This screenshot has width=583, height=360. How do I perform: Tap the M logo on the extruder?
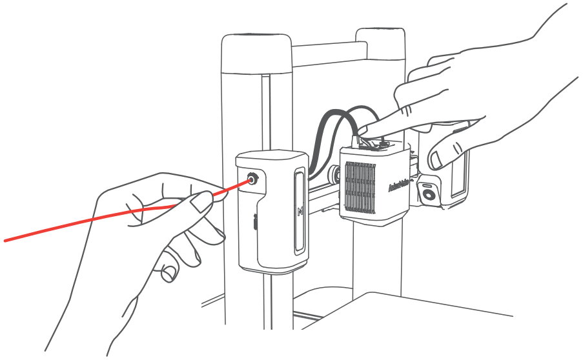pyautogui.click(x=300, y=210)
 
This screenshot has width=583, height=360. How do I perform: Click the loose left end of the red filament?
pyautogui.click(x=6, y=241)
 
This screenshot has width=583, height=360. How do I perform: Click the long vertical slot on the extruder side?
pyautogui.click(x=300, y=213)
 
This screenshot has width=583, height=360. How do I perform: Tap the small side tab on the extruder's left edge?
pyautogui.click(x=256, y=223)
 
